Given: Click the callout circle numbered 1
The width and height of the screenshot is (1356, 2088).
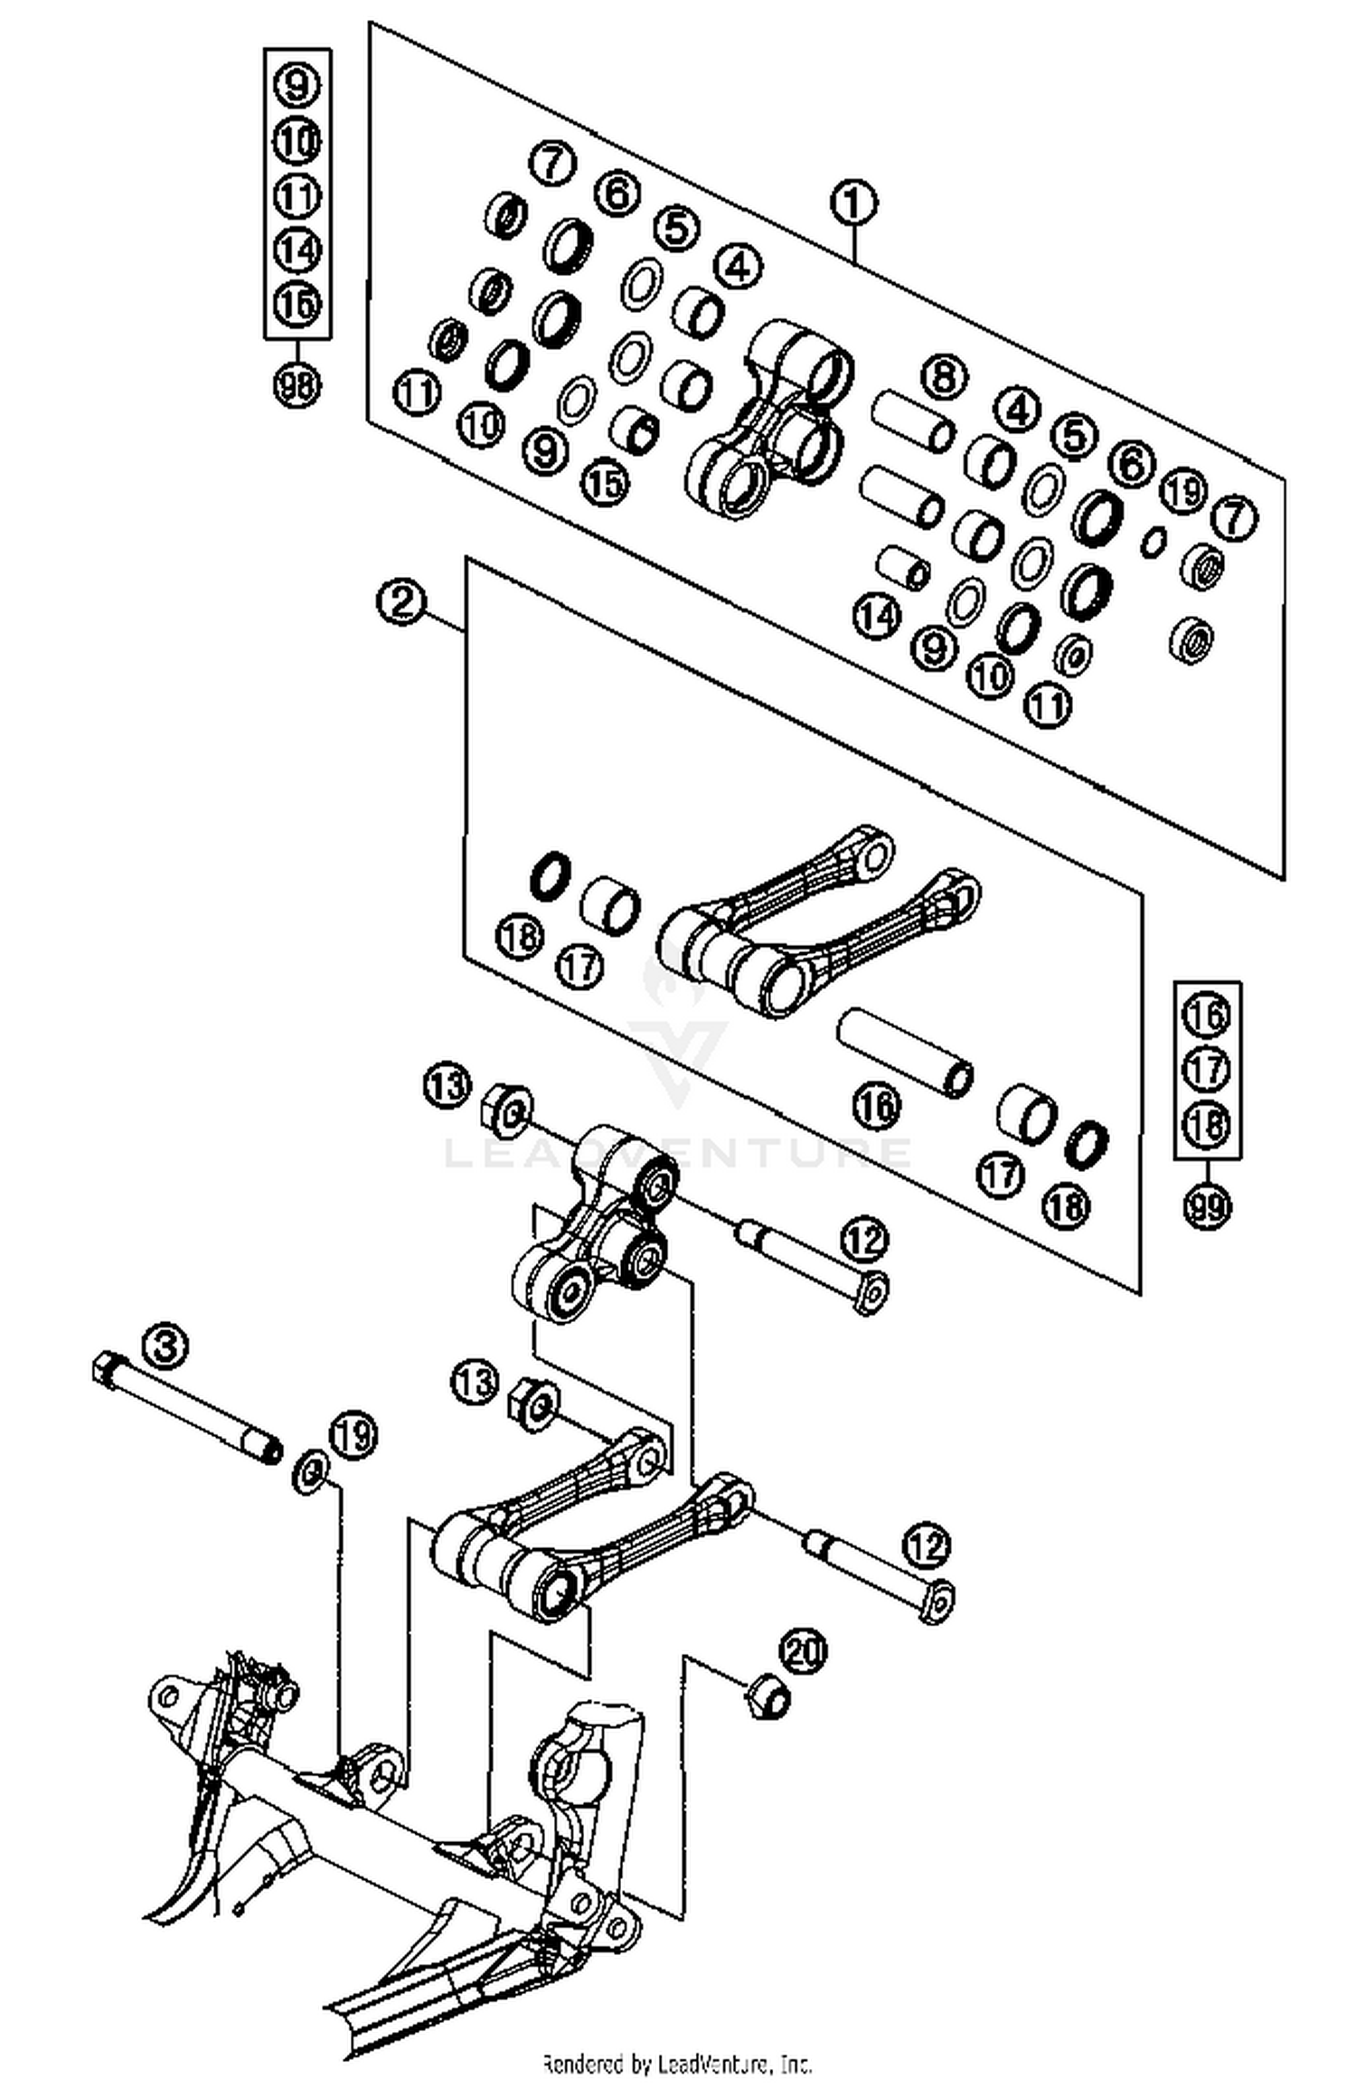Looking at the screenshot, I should (854, 203).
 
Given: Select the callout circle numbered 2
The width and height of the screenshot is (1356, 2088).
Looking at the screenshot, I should (400, 601).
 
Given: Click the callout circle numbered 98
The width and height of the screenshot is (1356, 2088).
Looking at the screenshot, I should (297, 386).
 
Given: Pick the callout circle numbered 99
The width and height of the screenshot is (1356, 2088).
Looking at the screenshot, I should (1208, 1205).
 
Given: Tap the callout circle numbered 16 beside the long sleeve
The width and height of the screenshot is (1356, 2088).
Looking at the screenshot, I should (876, 1105).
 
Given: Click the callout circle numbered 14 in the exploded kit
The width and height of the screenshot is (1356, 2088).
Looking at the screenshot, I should (877, 617).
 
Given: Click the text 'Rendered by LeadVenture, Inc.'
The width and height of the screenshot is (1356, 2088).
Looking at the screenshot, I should (678, 2064).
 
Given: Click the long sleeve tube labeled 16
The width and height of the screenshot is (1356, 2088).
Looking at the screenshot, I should (904, 1053).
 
